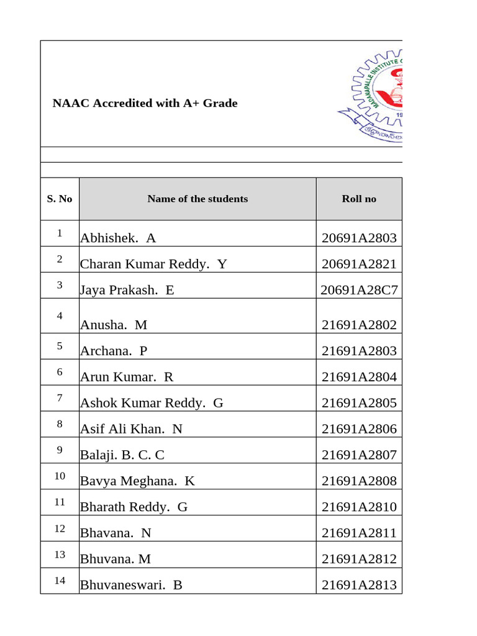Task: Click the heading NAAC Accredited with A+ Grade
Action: tap(145, 103)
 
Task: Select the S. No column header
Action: tap(60, 199)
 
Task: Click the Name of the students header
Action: tap(198, 199)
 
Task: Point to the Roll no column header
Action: tap(359, 199)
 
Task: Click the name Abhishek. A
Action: tap(118, 238)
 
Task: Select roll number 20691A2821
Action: tap(359, 264)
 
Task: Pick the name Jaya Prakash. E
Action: tap(127, 290)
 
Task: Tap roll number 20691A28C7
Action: tap(359, 290)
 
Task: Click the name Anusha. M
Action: tap(114, 325)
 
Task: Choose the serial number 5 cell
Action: tap(60, 346)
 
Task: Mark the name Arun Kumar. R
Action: tap(127, 377)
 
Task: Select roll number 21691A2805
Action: tap(359, 403)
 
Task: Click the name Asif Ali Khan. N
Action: tap(132, 429)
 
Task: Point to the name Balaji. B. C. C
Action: tap(122, 455)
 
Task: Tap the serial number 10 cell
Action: tap(60, 476)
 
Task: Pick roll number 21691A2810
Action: tap(359, 507)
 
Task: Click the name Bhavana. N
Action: tap(116, 534)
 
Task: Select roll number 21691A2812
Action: tap(359, 560)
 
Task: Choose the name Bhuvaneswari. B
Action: tap(131, 586)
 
